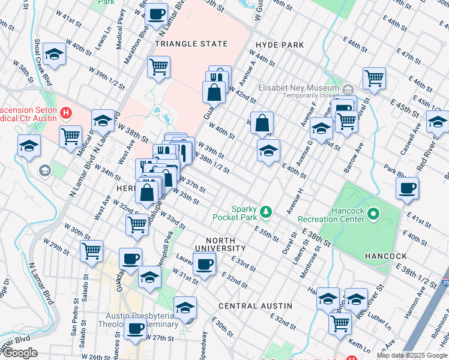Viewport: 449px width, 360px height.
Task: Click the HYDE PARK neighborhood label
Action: tap(279, 45)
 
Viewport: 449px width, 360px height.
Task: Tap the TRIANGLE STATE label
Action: tap(191, 44)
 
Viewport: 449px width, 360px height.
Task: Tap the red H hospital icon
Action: tap(66, 112)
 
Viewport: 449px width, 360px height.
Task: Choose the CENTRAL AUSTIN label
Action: tap(255, 305)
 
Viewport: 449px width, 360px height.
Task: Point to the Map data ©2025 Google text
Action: tap(412, 355)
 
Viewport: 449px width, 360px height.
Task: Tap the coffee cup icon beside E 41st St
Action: tap(408, 188)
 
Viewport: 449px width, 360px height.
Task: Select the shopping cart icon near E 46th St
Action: tap(374, 78)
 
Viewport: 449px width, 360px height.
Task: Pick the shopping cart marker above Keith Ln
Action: tap(340, 323)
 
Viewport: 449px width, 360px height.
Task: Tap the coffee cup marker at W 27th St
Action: tap(136, 329)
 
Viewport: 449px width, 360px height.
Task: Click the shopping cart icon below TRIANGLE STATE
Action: tap(158, 67)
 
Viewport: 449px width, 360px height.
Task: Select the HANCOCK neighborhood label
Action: tap(385, 256)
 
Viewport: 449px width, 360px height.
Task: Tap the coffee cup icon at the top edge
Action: tap(157, 14)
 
